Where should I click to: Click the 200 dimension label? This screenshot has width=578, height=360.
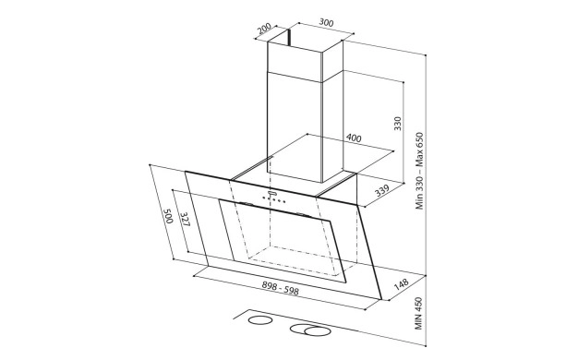click(264, 29)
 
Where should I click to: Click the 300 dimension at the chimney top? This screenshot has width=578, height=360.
click(326, 23)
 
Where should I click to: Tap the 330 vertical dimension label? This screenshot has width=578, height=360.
click(397, 124)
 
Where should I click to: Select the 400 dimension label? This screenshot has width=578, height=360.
click(354, 138)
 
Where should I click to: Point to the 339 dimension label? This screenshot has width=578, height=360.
click(382, 190)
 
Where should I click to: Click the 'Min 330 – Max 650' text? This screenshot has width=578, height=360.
click(419, 171)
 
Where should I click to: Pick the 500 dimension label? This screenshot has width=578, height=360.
click(168, 216)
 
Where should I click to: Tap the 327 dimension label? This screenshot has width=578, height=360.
click(185, 219)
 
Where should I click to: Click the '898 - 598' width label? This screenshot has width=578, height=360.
click(280, 288)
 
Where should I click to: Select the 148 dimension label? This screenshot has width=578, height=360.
click(401, 284)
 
